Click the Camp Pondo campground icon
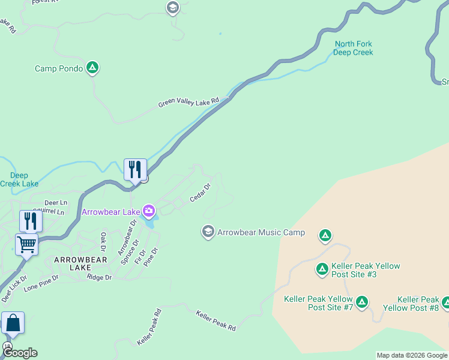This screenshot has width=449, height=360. click(92, 68)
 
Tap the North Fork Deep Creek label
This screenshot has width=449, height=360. click(354, 48)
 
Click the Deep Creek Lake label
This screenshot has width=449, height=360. click(19, 179)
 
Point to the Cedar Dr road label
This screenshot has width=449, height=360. click(200, 193)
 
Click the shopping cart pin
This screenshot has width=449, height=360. click(27, 245)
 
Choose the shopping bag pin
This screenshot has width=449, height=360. click(13, 323)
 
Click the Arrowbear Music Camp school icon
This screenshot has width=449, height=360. click(208, 232)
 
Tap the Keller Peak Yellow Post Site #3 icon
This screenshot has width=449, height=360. click(322, 269)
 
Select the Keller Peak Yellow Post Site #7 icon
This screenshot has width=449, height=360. click(361, 302)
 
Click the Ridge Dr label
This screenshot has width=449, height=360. click(99, 277)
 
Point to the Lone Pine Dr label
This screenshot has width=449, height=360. click(41, 283)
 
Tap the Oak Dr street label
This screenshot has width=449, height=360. click(103, 241)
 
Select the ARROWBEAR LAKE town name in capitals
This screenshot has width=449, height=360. click(80, 263)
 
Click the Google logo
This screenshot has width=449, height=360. click(20, 353)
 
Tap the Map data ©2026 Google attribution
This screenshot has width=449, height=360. click(412, 355)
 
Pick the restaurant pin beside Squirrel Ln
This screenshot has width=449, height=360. click(30, 221)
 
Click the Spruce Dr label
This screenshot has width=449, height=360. click(130, 251)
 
